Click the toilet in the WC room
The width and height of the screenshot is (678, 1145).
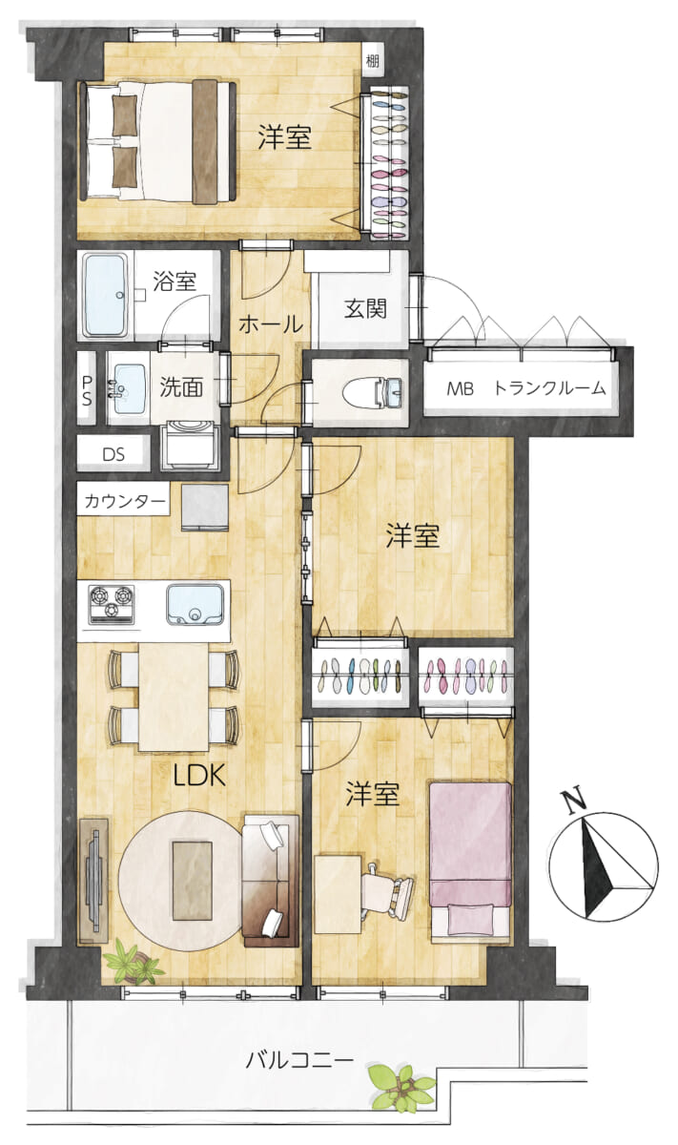[x=372, y=393]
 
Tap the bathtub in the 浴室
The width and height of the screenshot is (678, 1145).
[x=106, y=296]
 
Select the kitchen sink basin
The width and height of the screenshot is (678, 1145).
[x=195, y=605]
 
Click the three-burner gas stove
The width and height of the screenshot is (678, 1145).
[x=112, y=605]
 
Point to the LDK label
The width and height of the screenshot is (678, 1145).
[x=199, y=776]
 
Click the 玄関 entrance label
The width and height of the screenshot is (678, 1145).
[x=365, y=308]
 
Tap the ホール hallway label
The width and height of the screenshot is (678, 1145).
[x=270, y=324]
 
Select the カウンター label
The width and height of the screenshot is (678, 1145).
[x=125, y=500]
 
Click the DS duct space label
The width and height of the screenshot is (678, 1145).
[x=113, y=454]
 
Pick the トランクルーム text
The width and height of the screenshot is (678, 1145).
[x=550, y=388]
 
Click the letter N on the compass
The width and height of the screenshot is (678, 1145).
[x=574, y=801]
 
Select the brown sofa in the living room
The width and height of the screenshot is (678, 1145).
[x=270, y=880]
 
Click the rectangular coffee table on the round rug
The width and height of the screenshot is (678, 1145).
[x=192, y=880]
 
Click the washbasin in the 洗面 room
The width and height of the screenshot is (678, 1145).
[x=128, y=388]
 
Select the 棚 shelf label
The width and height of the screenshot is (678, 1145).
[x=373, y=61]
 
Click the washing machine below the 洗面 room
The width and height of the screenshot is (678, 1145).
[x=190, y=446]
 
